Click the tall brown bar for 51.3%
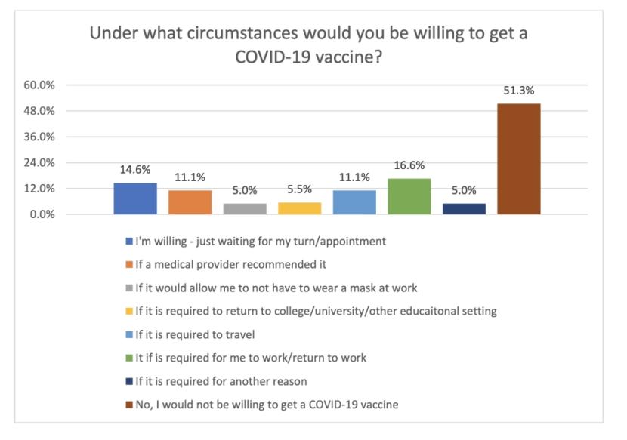coord(518,159)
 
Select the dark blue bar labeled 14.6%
coord(135,198)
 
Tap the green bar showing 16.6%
coord(409,196)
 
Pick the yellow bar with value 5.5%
coord(299,208)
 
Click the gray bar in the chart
coord(245,209)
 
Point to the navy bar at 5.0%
coord(464,209)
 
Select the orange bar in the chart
coord(190,202)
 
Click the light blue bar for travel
coord(354,202)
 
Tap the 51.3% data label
coord(518,91)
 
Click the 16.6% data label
coord(409,166)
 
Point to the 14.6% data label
coord(135,170)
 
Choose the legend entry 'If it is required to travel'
coord(197,334)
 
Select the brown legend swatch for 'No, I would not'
coord(130,405)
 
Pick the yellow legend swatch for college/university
coord(130,312)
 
